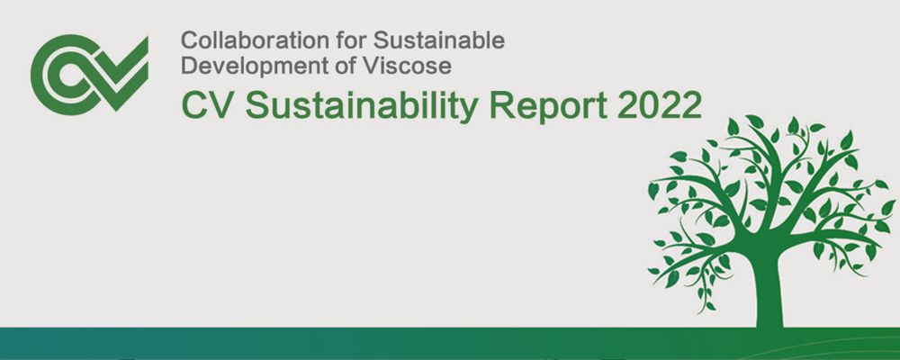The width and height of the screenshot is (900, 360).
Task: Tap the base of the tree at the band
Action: (x=769, y=326)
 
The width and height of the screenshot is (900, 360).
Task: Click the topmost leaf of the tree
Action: (x=754, y=121)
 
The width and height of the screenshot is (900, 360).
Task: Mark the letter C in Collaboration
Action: (x=189, y=40)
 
